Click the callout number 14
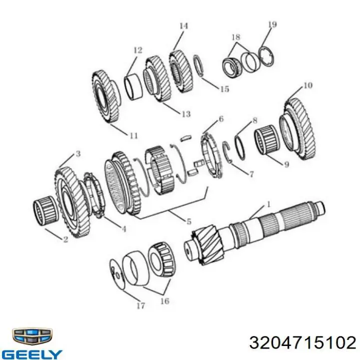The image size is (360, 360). (183, 26)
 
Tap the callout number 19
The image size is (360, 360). (272, 24)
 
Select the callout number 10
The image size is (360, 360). (307, 85)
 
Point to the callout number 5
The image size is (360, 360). (188, 221)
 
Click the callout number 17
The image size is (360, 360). (140, 305)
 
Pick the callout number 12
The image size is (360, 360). (138, 50)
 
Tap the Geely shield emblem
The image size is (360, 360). (32, 336)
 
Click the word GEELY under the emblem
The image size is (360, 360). (32, 354)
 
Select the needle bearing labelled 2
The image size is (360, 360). (45, 210)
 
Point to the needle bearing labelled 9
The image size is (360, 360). (266, 140)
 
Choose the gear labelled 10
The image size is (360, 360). (297, 129)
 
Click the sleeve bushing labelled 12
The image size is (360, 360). (133, 87)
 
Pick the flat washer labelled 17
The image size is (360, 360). (116, 273)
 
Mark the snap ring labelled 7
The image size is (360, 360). (227, 152)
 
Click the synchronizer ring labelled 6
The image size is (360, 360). (211, 156)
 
